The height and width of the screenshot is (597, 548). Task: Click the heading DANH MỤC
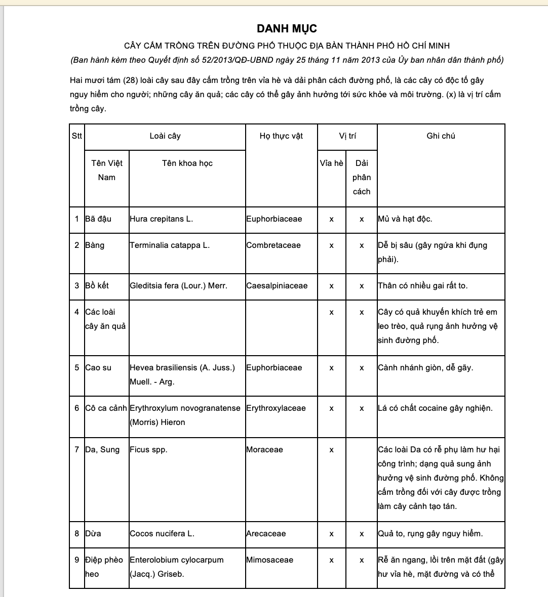point(287,29)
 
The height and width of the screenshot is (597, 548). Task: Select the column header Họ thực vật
point(281,136)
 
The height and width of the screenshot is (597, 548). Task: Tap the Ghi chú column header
point(441,136)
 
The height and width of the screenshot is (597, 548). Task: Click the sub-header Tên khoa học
point(187,163)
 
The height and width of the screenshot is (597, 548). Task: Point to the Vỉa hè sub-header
point(331,163)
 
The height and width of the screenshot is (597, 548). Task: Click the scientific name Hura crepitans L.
point(161,219)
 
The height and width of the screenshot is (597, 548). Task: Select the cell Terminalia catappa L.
point(169,245)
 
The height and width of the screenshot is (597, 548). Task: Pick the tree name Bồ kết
point(97,286)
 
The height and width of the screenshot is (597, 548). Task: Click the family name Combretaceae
point(273,245)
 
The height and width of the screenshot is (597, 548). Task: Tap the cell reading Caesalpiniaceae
point(277,286)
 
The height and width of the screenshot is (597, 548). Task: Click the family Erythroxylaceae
point(276,408)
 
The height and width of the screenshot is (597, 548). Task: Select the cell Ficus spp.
point(148,450)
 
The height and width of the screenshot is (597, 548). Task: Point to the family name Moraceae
point(264,450)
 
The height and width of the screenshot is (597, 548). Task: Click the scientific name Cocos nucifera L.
point(162,534)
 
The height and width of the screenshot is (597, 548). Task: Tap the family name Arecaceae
point(266,534)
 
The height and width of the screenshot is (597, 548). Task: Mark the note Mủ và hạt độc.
point(405,219)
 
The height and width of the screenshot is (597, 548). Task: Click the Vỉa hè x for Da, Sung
point(331,450)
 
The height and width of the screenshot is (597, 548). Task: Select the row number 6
point(77,408)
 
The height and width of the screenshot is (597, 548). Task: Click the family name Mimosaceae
point(269,560)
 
